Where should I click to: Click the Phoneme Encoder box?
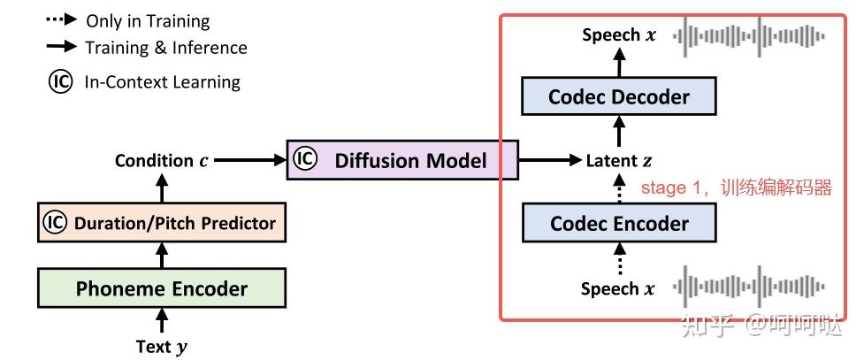162,287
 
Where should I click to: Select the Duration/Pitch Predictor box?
162,223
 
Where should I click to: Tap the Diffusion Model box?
402,160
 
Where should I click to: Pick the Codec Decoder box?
619,96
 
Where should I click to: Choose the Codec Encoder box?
619,223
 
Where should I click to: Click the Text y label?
162,348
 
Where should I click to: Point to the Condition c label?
162,161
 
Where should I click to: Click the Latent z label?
619,161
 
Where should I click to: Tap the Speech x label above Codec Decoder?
619,35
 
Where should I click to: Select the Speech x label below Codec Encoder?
618,288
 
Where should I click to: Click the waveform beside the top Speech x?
749,36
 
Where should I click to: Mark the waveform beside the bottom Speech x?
749,286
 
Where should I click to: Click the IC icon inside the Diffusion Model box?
305,159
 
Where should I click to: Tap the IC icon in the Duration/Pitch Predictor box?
55,222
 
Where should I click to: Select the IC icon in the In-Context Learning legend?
60,82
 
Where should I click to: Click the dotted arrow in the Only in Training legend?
62,19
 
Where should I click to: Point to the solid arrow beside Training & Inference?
62,47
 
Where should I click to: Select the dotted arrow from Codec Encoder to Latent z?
619,188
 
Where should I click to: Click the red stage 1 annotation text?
736,188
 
